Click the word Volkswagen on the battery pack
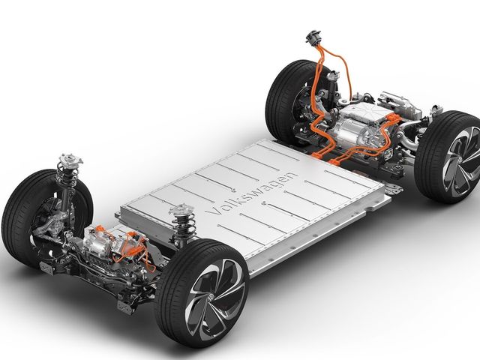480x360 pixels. click(251, 193)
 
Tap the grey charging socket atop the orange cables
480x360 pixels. click(313, 37)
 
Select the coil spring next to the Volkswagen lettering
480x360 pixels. click(183, 226)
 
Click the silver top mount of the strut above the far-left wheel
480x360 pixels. click(70, 159)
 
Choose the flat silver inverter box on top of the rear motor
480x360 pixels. click(367, 112)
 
